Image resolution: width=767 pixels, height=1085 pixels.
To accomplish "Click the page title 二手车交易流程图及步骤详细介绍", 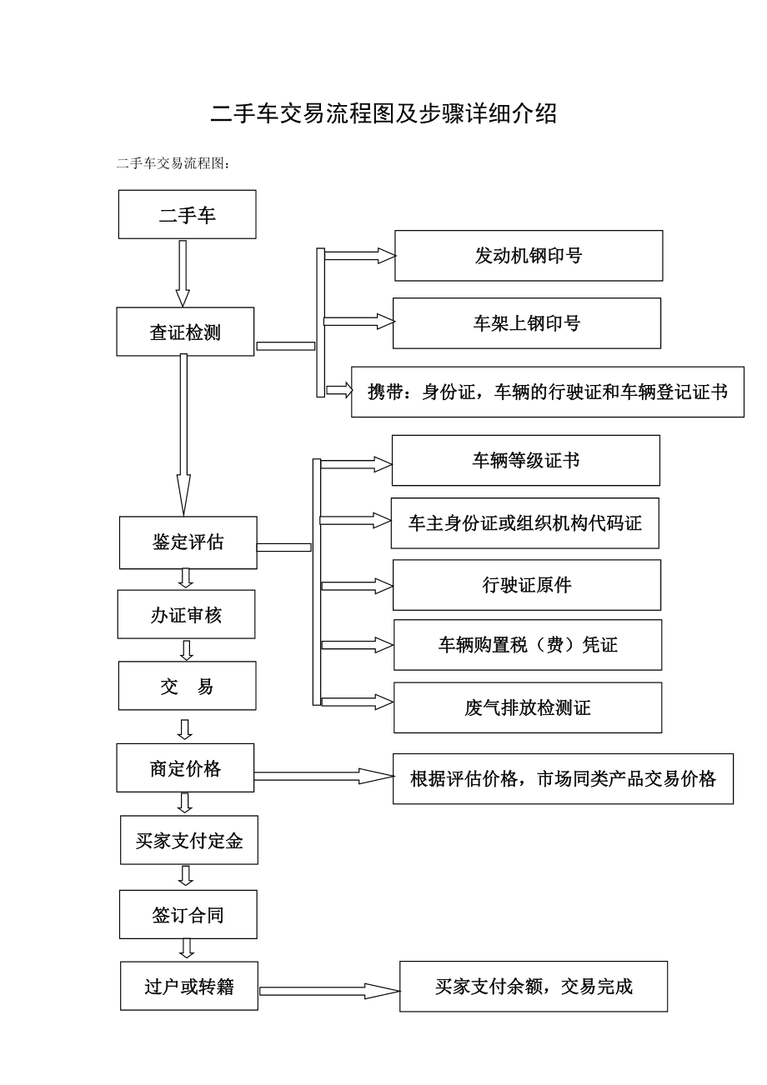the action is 383,114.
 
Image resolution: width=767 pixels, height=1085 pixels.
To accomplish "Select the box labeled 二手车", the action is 187,214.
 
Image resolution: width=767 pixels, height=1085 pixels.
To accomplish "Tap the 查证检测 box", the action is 185,332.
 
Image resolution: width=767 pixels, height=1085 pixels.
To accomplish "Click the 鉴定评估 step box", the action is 188,542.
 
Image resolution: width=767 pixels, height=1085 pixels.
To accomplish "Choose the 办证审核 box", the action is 186,614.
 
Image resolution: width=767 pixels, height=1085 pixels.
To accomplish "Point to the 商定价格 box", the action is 185,768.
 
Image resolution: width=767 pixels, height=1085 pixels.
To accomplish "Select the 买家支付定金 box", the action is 189,840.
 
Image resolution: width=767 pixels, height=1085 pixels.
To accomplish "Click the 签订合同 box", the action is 188,915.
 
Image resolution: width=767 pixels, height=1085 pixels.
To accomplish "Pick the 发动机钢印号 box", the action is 529,256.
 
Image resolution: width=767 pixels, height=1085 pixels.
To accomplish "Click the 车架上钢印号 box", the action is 527,323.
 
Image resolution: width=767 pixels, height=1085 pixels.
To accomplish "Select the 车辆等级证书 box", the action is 526,461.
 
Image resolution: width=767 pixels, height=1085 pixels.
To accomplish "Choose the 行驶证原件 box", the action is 527,585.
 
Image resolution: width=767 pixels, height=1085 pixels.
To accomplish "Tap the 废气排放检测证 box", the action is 528,707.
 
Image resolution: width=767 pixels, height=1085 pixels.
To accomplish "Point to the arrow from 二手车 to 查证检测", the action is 183,273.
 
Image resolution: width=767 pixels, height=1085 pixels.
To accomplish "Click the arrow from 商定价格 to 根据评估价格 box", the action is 323,776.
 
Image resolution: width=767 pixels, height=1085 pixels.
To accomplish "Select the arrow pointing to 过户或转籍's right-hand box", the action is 329,991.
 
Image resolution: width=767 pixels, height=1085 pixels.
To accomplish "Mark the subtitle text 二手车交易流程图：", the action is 173,163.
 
